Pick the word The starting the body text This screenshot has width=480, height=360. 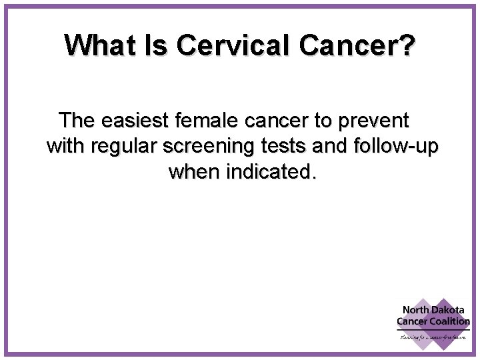(x=78, y=121)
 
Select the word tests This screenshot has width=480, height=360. (x=269, y=147)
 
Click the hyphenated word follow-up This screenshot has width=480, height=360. (x=390, y=147)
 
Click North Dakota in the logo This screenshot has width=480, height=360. (x=432, y=310)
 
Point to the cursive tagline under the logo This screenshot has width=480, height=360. (x=433, y=337)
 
